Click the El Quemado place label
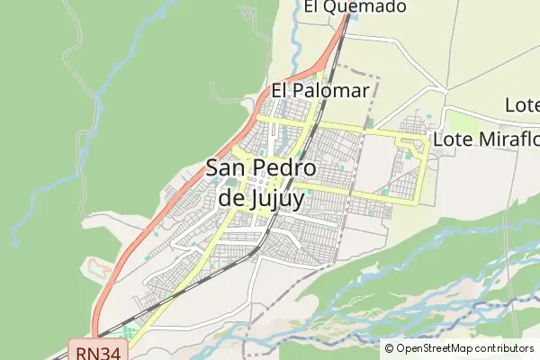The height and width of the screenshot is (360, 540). point(355,7)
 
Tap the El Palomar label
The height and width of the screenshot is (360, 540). point(319,91)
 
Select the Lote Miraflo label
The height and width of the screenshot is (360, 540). point(485,139)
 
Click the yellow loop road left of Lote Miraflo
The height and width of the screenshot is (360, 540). point(416,145)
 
